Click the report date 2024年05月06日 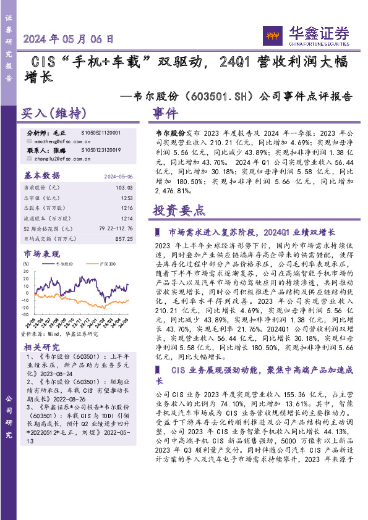tap(69, 38)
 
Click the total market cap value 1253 tap(127, 197)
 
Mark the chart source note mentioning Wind tap(59, 333)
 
